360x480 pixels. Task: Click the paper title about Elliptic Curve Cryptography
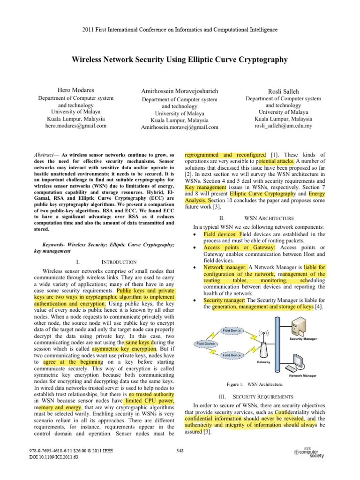[180, 60]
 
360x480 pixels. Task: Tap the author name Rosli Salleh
[284, 90]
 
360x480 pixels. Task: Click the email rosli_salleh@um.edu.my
[284, 126]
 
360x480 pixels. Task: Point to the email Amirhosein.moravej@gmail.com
[180, 127]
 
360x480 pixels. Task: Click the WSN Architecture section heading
[269, 218]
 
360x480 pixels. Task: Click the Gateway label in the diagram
[263, 362]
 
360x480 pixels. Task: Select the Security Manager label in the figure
[303, 338]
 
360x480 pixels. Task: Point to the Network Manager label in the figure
[302, 375]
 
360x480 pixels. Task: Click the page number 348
[180, 451]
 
